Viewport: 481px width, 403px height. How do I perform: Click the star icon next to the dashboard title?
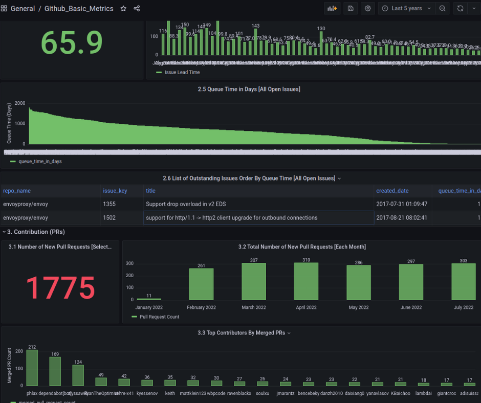[123, 9]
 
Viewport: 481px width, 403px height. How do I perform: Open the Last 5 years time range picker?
[407, 9]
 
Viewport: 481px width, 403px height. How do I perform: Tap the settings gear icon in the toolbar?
[367, 9]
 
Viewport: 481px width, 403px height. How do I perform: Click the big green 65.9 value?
[72, 43]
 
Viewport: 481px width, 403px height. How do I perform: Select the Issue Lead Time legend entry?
[182, 73]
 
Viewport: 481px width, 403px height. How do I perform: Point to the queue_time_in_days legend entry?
[39, 161]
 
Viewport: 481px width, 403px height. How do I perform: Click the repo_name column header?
[17, 191]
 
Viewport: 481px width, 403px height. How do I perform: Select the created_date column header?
[392, 191]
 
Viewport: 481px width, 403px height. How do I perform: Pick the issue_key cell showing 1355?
[109, 204]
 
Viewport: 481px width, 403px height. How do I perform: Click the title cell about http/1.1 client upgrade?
[231, 218]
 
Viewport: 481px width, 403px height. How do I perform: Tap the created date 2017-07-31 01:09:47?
[401, 204]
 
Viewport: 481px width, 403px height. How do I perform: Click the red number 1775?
[60, 288]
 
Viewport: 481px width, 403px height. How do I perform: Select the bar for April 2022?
[306, 281]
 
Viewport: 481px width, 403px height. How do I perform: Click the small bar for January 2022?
[149, 299]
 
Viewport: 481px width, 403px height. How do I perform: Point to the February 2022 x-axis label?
[201, 307]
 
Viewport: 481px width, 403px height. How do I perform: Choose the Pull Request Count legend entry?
[159, 317]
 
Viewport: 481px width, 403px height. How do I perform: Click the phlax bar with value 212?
[32, 368]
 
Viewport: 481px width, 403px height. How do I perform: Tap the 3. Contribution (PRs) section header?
[36, 232]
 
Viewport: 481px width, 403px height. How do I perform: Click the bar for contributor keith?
[170, 383]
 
